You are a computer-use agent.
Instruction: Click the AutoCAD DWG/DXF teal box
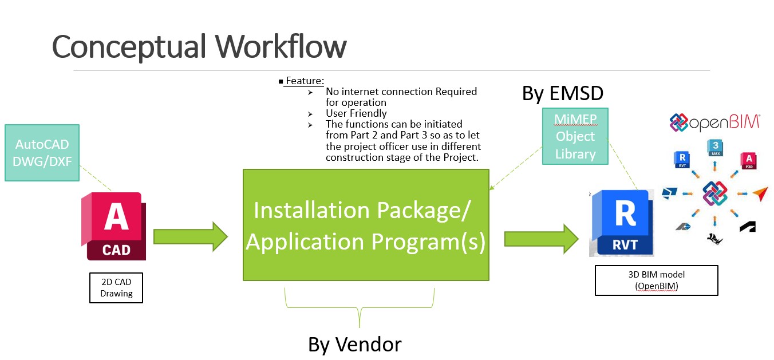pyautogui.click(x=42, y=153)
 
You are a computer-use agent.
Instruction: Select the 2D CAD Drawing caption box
pyautogui.click(x=116, y=287)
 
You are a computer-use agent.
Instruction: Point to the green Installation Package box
pyautogui.click(x=366, y=225)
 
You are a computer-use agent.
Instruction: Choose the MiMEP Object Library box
pyautogui.click(x=575, y=136)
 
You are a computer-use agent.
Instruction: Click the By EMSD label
pyautogui.click(x=562, y=93)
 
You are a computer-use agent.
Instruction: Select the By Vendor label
pyautogui.click(x=354, y=345)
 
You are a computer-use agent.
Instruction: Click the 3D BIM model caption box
pyautogui.click(x=656, y=280)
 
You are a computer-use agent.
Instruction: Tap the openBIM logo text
pyautogui.click(x=715, y=122)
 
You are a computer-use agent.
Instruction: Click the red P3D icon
pyautogui.click(x=749, y=160)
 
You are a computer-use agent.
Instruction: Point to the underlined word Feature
pyautogui.click(x=305, y=81)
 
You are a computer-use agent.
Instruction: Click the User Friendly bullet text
pyautogui.click(x=356, y=113)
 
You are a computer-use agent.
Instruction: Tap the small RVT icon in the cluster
pyautogui.click(x=682, y=160)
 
